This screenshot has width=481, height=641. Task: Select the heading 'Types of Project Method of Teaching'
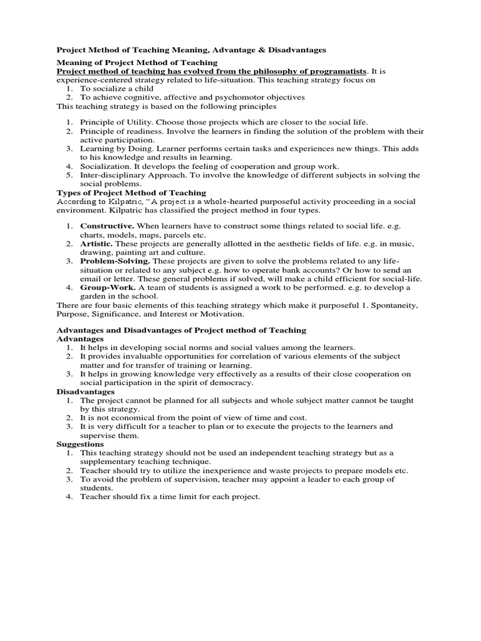pos(131,193)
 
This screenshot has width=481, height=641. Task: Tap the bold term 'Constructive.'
pos(107,225)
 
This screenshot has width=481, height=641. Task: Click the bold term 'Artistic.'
pos(98,243)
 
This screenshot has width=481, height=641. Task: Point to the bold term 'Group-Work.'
pos(106,287)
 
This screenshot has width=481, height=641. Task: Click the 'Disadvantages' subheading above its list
pos(86,391)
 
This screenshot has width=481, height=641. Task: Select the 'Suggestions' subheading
pos(82,444)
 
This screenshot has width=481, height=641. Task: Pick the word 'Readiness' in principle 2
pos(137,131)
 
